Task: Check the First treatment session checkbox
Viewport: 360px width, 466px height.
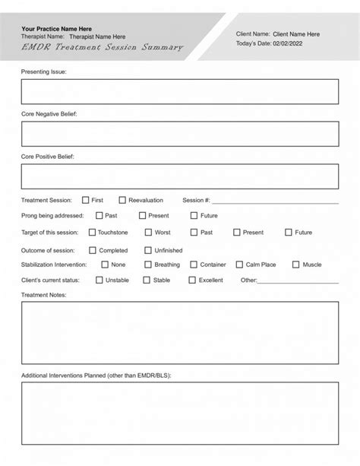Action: pos(86,200)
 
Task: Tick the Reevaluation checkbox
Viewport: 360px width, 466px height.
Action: pos(122,200)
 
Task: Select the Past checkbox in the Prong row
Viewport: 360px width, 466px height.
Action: pos(99,216)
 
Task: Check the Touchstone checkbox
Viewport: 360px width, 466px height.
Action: pos(93,233)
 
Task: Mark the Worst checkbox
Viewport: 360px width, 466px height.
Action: pos(148,233)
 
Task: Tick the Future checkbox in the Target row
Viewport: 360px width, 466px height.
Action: pos(289,233)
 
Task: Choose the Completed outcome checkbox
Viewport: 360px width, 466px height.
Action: pos(93,250)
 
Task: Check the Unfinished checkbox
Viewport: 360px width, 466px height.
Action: pos(148,250)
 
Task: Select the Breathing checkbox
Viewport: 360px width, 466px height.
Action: pos(148,265)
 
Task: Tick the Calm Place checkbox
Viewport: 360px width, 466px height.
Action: pos(239,265)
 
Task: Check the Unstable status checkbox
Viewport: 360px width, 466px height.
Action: pos(99,280)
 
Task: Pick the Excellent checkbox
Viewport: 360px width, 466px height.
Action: pos(192,280)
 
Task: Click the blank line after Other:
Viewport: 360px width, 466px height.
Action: pos(298,282)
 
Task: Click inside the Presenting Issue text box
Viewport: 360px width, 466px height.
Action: pos(180,91)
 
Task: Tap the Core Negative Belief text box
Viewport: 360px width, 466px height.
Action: pos(180,134)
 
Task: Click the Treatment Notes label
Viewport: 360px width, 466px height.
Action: pos(44,295)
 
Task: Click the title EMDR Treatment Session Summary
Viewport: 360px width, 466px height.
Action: pos(103,47)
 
